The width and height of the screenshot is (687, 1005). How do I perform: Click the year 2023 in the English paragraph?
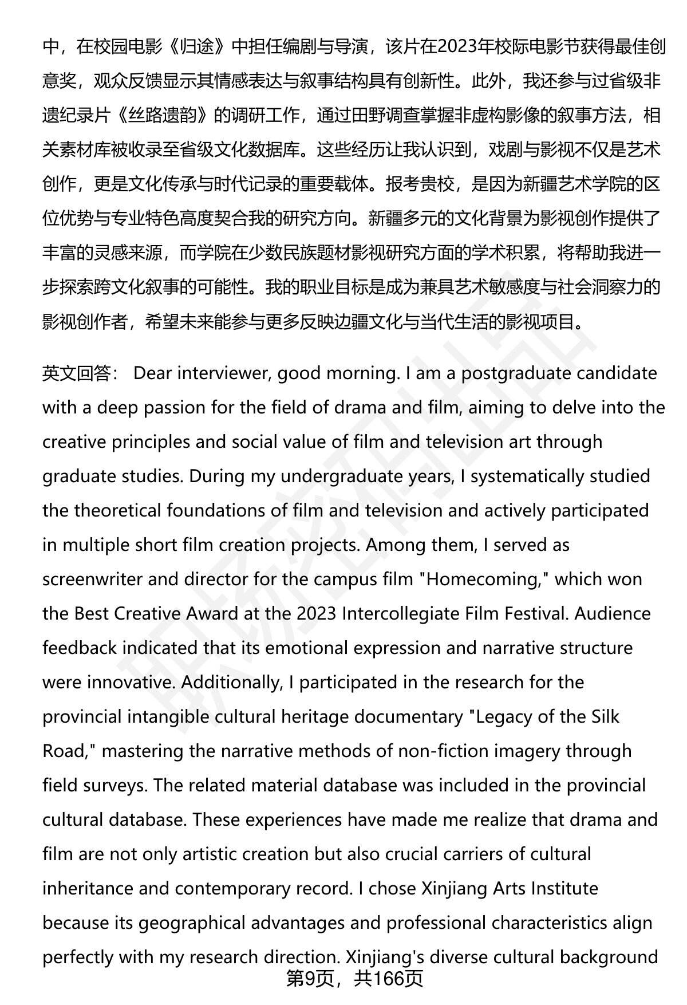click(x=317, y=614)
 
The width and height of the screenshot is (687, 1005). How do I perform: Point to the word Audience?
click(x=613, y=614)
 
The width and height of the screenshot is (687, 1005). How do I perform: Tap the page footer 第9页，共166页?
click(x=354, y=979)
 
